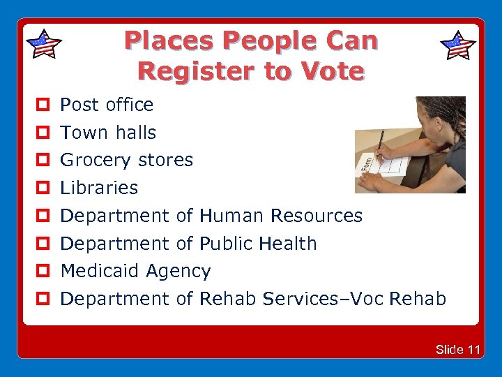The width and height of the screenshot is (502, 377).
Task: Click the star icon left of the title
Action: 43,44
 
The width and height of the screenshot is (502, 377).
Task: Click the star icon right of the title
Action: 458,45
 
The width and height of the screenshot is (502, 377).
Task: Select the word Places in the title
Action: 168,41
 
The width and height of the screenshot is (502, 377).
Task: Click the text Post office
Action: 107,105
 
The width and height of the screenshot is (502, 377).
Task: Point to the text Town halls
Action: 108,132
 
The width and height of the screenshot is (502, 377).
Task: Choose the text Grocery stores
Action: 126,160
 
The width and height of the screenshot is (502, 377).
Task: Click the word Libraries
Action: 99,188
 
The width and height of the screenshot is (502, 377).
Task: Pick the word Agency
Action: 179,272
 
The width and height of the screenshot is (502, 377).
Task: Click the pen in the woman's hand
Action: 379,146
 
